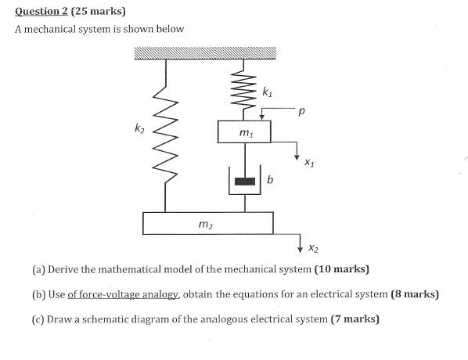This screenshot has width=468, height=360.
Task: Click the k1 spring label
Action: pyautogui.click(x=267, y=93)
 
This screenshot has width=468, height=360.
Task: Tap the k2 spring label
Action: pyautogui.click(x=139, y=128)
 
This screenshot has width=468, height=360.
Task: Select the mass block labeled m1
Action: pyautogui.click(x=245, y=133)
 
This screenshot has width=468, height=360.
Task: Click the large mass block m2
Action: pyautogui.click(x=207, y=223)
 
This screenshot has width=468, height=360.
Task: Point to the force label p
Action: pyautogui.click(x=301, y=113)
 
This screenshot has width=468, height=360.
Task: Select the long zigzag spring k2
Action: pyautogui.click(x=165, y=133)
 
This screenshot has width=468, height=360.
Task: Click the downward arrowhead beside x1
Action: pyautogui.click(x=297, y=155)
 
